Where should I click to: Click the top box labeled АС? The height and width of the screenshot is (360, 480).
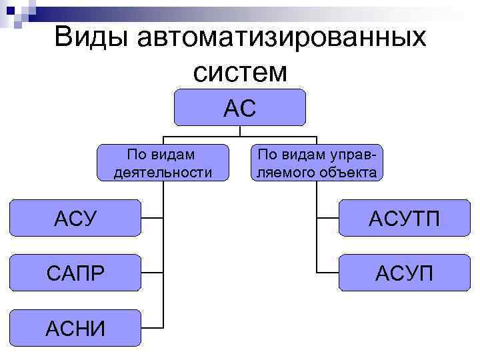[240, 107]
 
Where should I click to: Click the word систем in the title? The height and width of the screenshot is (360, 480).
[240, 71]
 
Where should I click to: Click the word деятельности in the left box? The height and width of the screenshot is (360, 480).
[163, 173]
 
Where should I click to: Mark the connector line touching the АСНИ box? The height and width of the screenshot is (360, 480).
[152, 327]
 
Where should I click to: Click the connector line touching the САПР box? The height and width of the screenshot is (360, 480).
[152, 273]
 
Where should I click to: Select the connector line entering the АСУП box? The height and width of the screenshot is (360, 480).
[327, 273]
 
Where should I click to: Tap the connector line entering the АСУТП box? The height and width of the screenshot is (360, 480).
[327, 218]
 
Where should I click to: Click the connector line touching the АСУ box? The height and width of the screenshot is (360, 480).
[152, 218]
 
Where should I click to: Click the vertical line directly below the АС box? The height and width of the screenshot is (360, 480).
[240, 132]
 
